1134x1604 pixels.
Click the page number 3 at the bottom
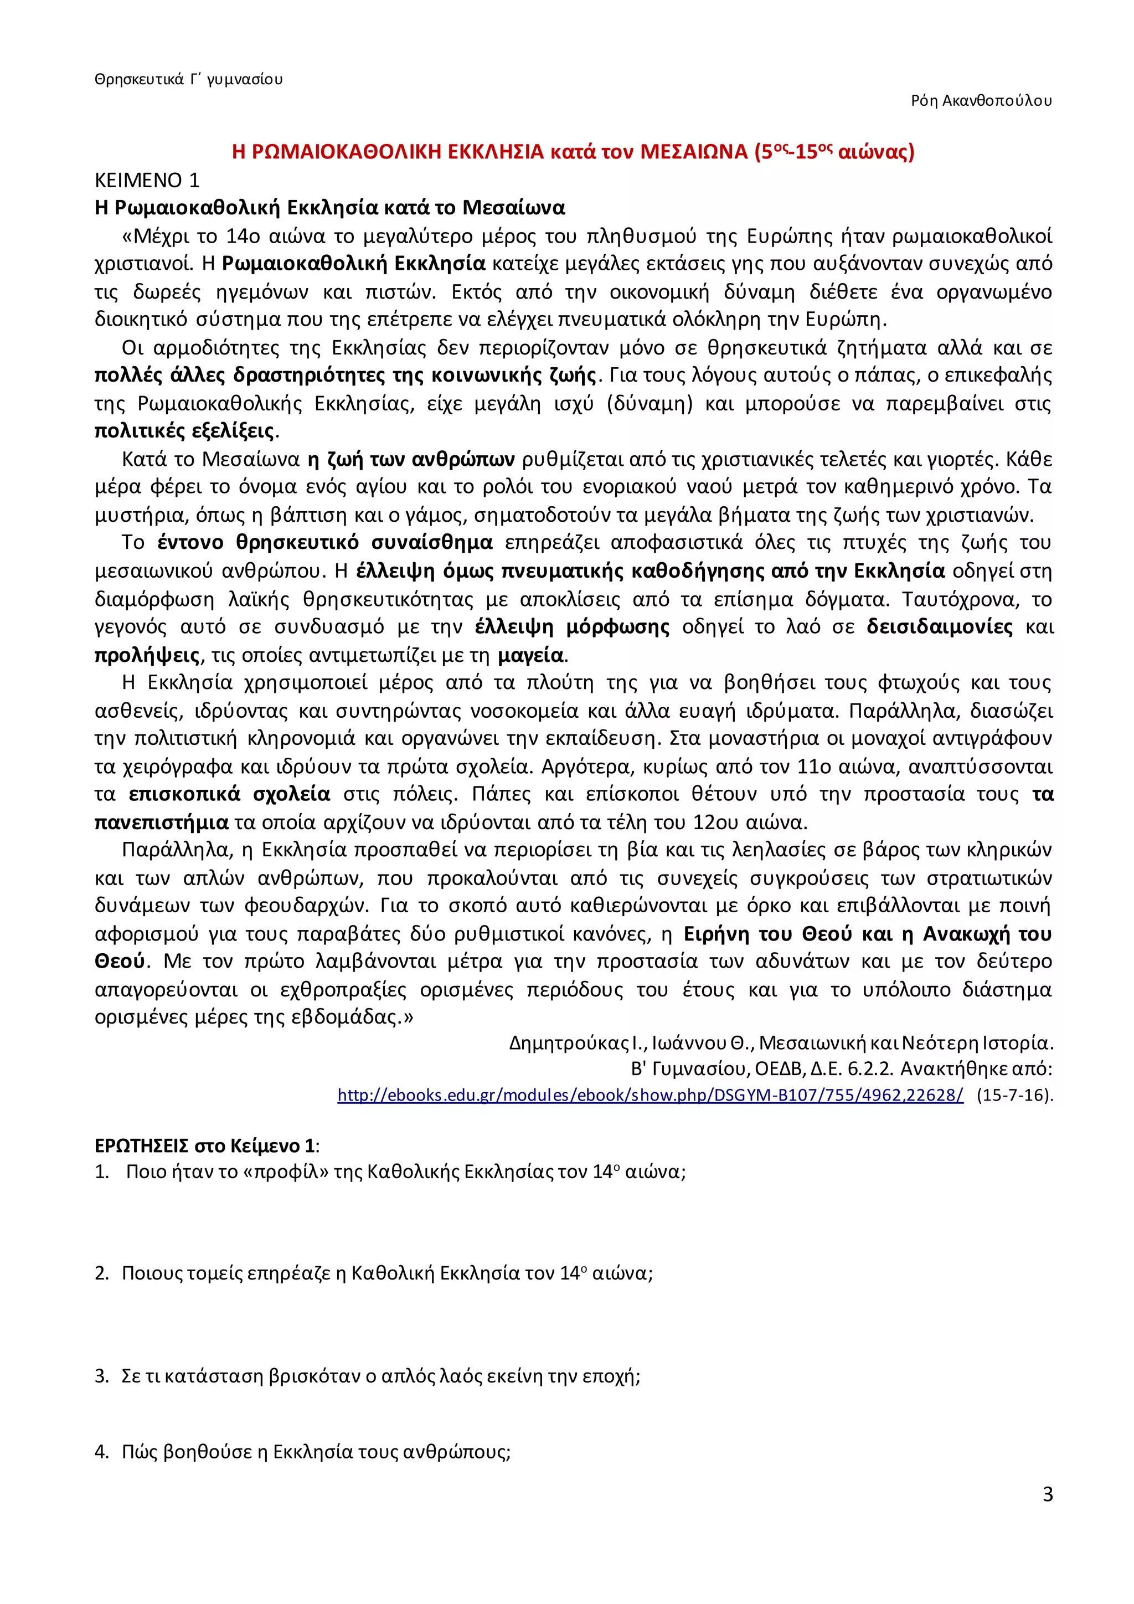click(1047, 1494)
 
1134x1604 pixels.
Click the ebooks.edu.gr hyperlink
click(650, 1094)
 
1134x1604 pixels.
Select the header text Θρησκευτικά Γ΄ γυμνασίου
click(188, 79)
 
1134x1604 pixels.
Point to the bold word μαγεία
click(530, 655)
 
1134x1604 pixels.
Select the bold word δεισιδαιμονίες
click(939, 626)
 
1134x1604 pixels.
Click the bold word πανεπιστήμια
click(161, 822)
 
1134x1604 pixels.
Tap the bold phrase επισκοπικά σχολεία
click(230, 794)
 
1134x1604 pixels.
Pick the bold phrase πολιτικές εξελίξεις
click(185, 431)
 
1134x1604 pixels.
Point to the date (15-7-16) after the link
click(1014, 1094)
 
